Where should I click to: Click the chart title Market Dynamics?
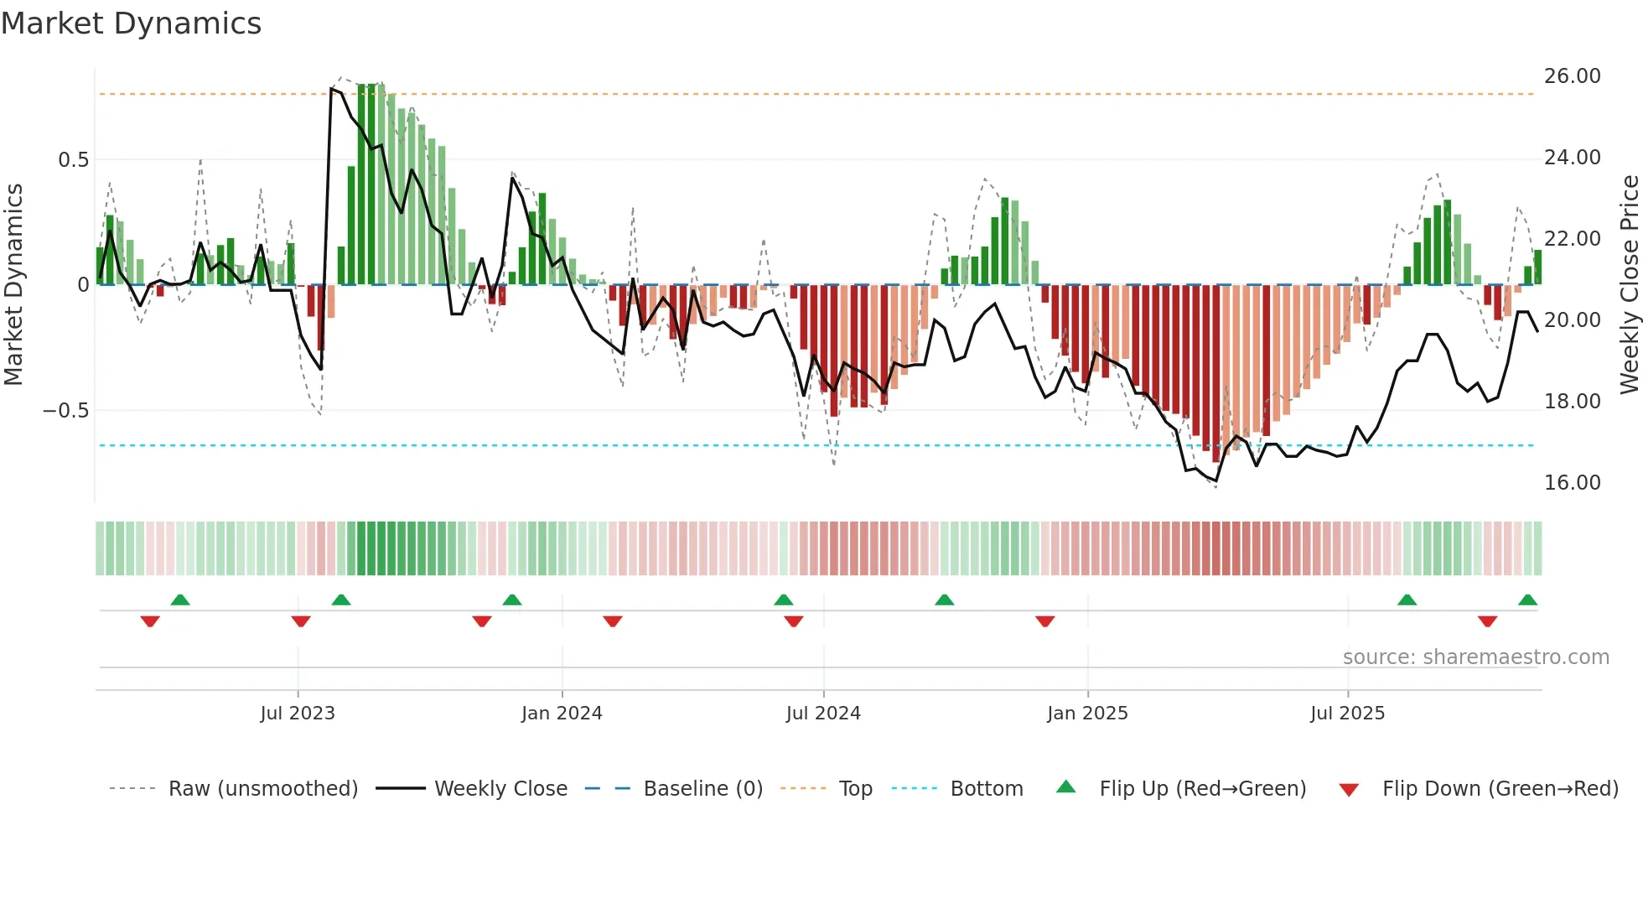(132, 23)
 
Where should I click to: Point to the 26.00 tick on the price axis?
(1572, 76)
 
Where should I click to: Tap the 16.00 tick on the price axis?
(1572, 483)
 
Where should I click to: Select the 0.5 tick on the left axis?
(73, 160)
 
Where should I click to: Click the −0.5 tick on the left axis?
(65, 411)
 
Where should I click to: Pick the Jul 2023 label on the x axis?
(298, 714)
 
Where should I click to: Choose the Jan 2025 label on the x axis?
(1087, 714)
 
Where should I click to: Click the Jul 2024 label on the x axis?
(823, 714)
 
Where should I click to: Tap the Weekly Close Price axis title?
(1629, 284)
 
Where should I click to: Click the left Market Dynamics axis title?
(13, 284)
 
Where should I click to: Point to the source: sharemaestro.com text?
(1475, 657)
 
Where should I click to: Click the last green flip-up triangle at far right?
(1527, 600)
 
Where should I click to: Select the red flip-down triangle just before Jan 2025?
(1044, 621)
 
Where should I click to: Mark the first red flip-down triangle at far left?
(150, 621)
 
